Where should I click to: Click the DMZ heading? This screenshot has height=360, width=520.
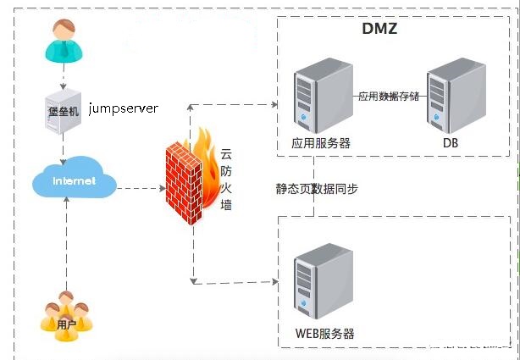379,30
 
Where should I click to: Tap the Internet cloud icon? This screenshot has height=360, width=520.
74,180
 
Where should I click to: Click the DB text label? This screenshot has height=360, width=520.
450,143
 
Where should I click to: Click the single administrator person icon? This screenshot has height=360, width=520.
65,41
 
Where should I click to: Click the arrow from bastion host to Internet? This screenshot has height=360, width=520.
63,151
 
